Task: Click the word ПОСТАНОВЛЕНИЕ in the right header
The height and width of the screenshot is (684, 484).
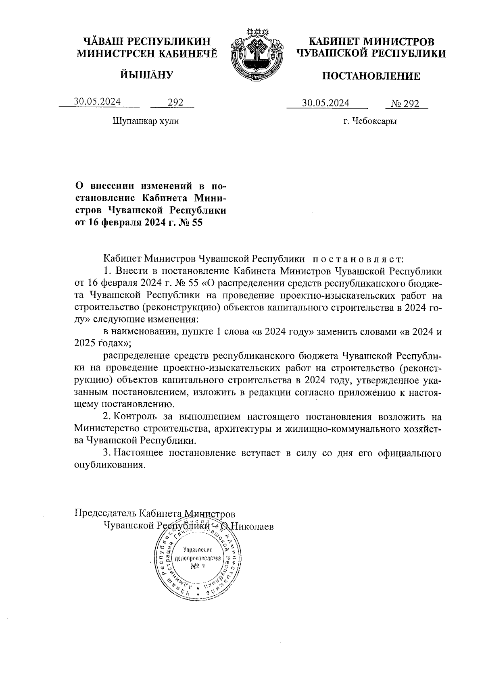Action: click(x=371, y=76)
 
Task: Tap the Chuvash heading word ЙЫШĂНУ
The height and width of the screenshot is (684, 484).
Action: click(x=146, y=75)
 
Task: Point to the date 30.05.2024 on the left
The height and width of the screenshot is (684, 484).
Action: click(x=97, y=102)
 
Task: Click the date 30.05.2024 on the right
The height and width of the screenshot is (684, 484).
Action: click(x=326, y=103)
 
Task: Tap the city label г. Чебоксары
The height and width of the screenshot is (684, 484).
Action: click(x=370, y=121)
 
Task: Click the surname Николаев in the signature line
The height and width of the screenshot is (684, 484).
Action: click(x=252, y=526)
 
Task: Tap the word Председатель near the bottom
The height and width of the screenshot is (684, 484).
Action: click(x=106, y=514)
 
